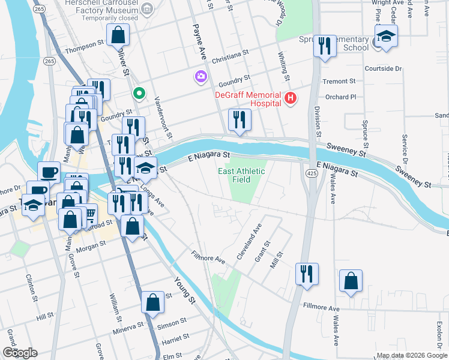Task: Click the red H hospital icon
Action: [291, 98]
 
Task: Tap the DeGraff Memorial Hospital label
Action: [249, 99]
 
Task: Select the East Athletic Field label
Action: [241, 175]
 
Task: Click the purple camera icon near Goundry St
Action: [200, 76]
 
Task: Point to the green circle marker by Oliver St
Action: [139, 93]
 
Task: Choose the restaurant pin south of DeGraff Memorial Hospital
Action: [240, 119]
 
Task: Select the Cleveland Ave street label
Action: [249, 241]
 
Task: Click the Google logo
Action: [19, 352]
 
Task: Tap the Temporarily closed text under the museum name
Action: [111, 18]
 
